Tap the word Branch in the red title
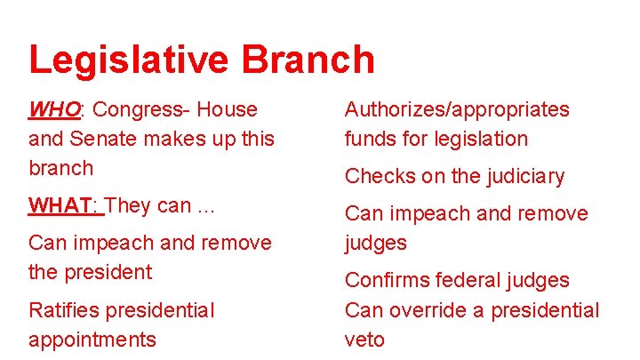click(307, 60)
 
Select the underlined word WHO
click(54, 110)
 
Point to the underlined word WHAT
click(64, 205)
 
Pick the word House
click(228, 110)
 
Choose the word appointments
click(92, 340)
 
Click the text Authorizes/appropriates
click(457, 110)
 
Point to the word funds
click(372, 139)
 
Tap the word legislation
click(481, 139)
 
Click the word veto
click(364, 340)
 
